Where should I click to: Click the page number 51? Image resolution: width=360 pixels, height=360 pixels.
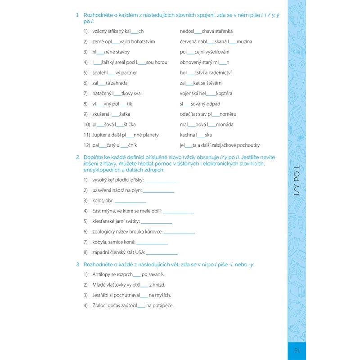297,351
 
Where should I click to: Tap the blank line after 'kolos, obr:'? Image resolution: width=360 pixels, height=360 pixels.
130,201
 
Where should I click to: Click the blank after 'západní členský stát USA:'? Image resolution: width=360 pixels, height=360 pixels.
162,252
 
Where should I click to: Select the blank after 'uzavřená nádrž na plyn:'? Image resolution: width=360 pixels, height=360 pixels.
158,190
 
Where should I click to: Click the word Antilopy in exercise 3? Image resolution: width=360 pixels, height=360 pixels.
101,274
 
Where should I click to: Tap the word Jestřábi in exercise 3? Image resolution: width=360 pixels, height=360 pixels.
101,295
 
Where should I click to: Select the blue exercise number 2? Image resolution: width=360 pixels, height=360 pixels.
78,157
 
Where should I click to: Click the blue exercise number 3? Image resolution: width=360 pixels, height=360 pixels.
78,264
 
